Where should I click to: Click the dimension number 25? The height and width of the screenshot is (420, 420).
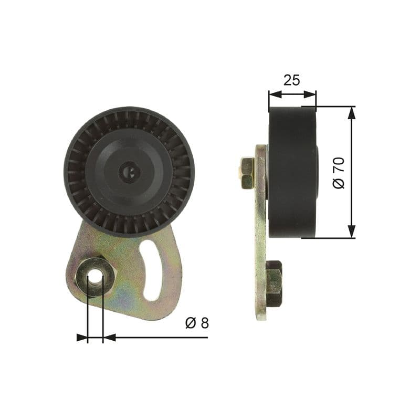tap(291, 80)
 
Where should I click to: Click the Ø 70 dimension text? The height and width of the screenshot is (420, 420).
tap(339, 173)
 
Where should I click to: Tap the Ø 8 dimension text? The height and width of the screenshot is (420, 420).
tap(197, 323)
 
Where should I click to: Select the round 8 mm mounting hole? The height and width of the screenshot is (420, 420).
tap(95, 277)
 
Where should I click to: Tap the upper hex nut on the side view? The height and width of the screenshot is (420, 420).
tap(247, 173)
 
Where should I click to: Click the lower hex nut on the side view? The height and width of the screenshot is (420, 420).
tap(274, 283)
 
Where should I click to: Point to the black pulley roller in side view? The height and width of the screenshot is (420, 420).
tap(292, 172)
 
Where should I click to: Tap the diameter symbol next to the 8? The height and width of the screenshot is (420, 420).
tap(190, 323)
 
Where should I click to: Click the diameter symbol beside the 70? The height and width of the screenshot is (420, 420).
tap(339, 183)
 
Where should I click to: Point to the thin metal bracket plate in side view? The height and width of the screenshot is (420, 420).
tap(260, 231)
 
